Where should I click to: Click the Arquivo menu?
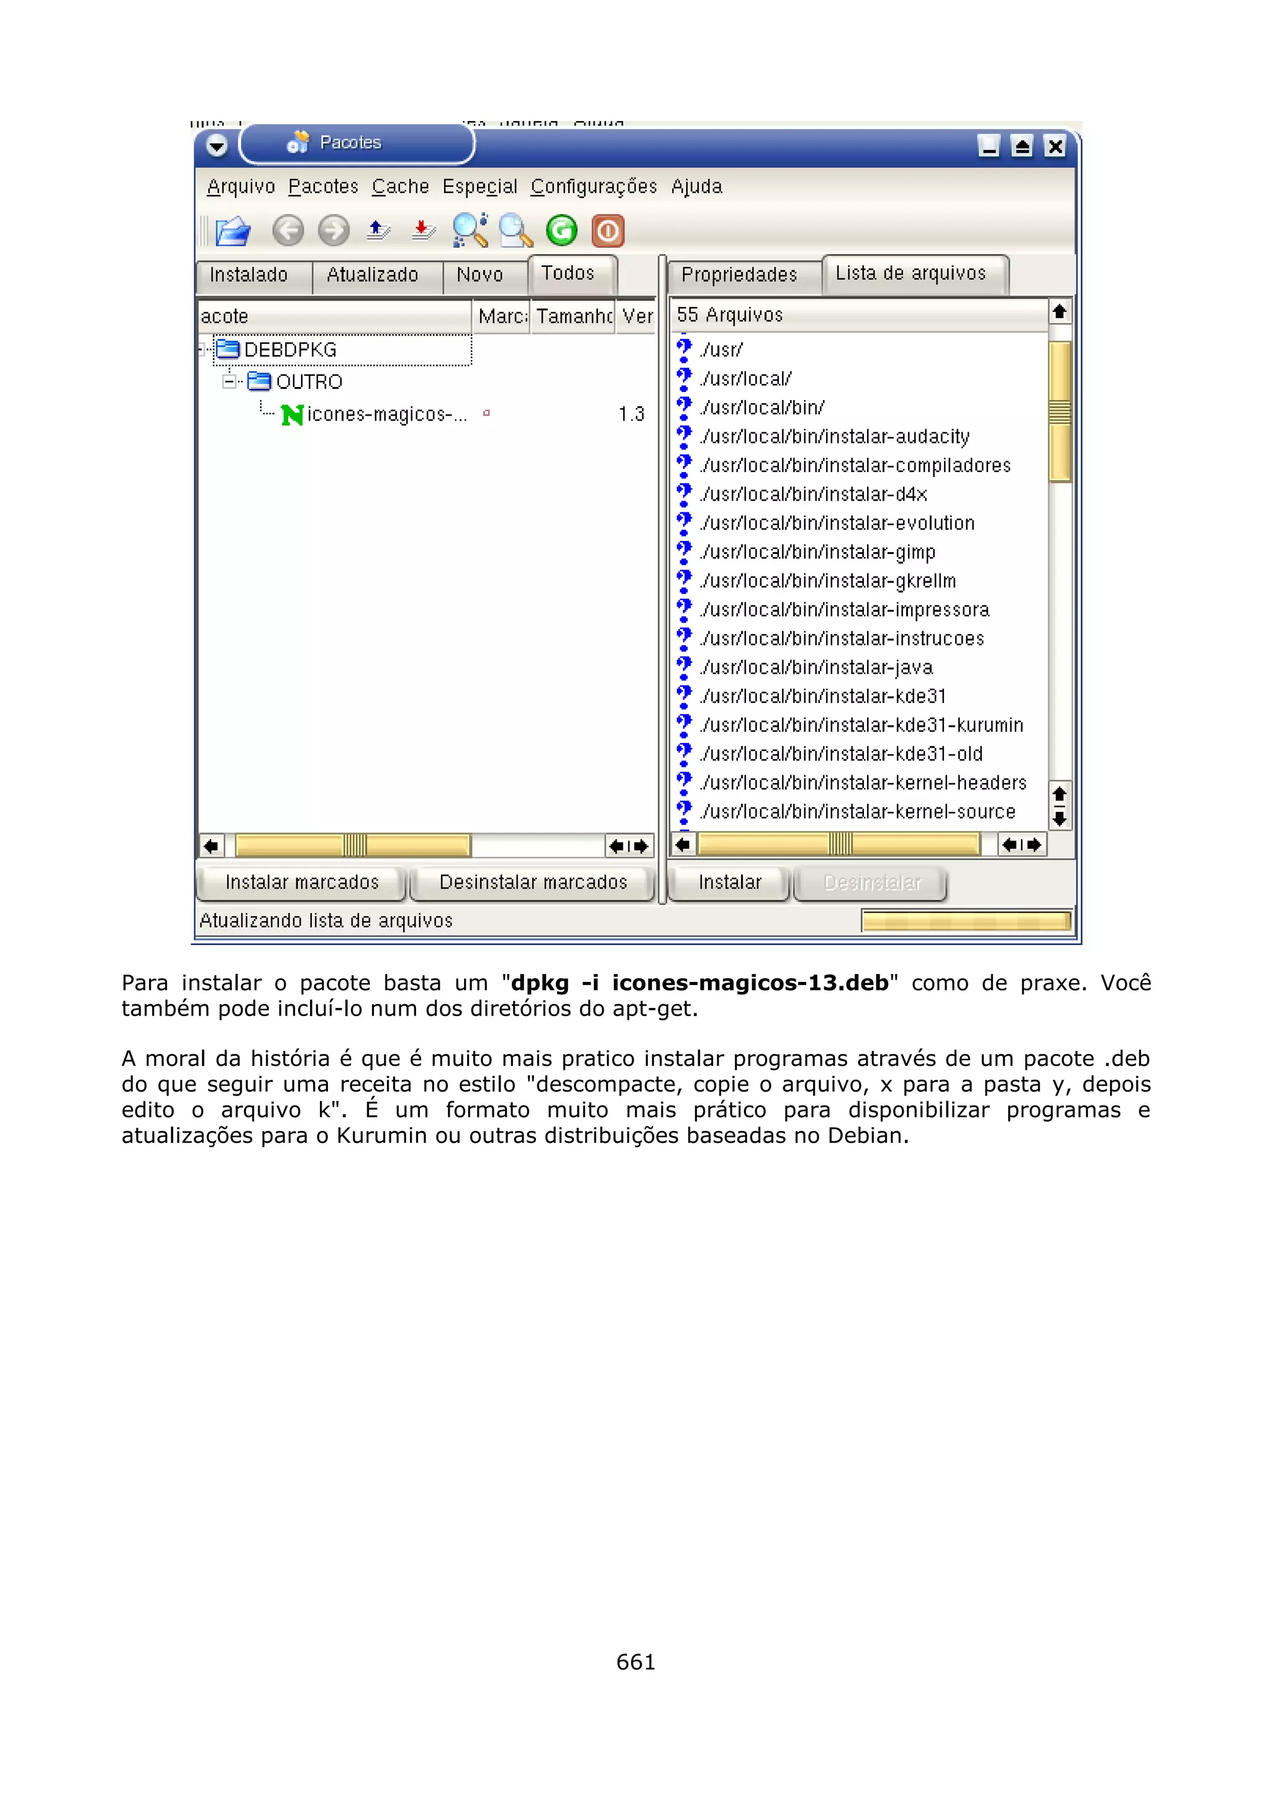240,186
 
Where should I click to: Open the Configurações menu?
593,186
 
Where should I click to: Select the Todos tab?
568,274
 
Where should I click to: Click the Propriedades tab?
739,275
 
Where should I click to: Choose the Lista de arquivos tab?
910,274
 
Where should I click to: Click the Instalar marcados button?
302,883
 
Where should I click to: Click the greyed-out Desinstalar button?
871,883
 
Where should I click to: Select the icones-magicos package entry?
386,415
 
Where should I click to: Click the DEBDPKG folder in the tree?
290,350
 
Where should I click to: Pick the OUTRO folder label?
309,382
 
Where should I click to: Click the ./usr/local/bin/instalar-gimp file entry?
817,553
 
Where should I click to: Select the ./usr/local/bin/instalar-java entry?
817,668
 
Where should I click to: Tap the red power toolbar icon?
608,231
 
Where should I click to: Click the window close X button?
1055,147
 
